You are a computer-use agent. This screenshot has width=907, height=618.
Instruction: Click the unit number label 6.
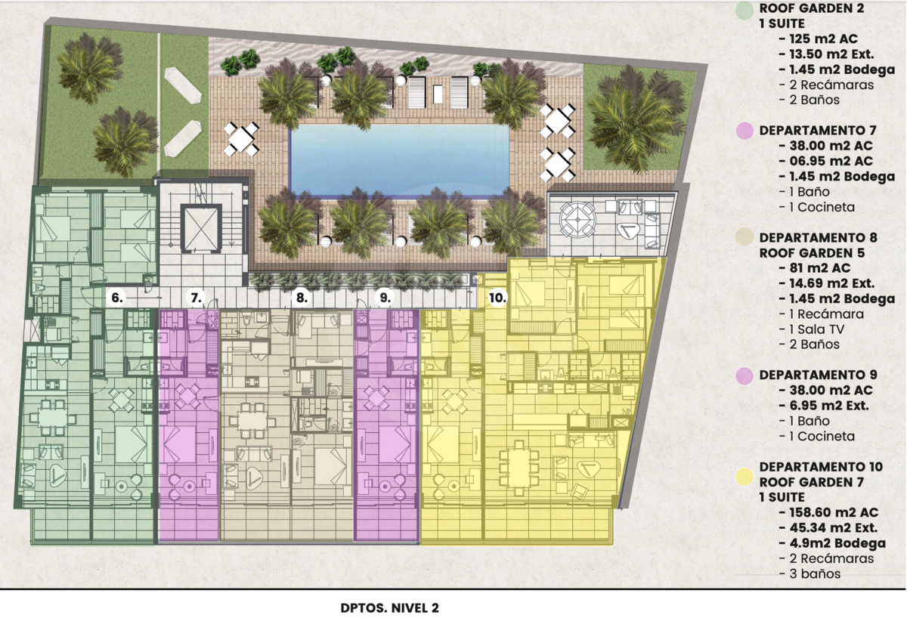[x=117, y=298]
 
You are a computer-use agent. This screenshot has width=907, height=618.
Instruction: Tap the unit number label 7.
[x=196, y=298]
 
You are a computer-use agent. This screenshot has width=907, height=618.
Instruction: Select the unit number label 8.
[x=302, y=298]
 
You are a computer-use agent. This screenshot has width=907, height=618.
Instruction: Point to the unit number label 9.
[x=385, y=298]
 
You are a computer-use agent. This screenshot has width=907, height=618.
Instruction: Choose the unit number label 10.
[x=497, y=298]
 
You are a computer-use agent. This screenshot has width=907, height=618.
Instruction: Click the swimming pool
[x=400, y=160]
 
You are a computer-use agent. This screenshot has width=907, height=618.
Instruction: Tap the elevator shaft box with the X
[x=201, y=228]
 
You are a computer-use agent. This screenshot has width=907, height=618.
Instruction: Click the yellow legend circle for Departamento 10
[x=744, y=476]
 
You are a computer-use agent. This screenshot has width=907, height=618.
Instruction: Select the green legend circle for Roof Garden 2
[x=744, y=10]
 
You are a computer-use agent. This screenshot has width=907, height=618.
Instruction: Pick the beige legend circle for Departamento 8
[x=744, y=236]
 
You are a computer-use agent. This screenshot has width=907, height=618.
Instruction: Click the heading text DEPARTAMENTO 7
[x=818, y=130]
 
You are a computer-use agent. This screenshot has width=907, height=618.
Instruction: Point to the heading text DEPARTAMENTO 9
[x=818, y=375]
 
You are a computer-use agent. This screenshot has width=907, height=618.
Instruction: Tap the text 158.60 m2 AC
[x=834, y=512]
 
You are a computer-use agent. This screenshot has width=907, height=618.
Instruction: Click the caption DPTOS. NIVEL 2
[x=389, y=608]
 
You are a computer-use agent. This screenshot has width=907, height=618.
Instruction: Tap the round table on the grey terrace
[x=577, y=221]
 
